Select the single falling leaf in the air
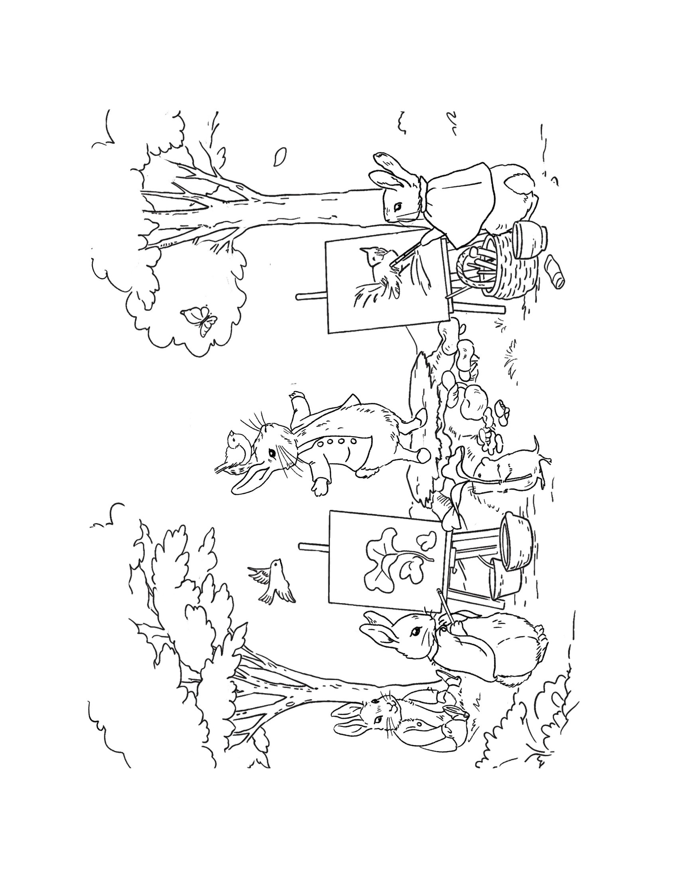(x=280, y=157)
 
